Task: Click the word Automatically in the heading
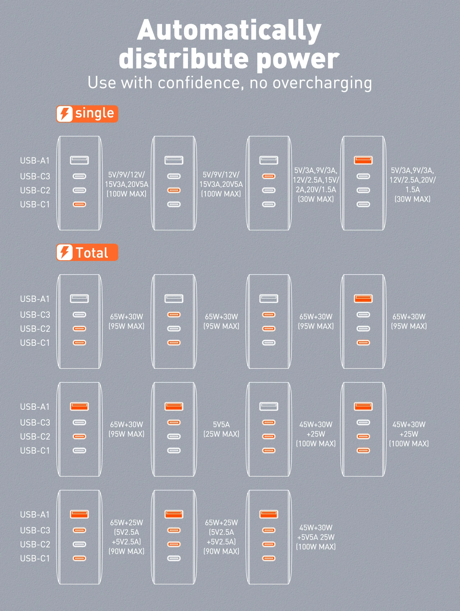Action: point(229,31)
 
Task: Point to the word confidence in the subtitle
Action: point(199,83)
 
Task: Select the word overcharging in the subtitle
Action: point(322,83)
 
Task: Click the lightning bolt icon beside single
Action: point(65,114)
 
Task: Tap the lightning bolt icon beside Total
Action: point(65,252)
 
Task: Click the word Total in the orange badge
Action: point(92,253)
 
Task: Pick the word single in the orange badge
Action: point(95,113)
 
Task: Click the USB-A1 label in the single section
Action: point(35,161)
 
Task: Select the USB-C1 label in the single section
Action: point(35,205)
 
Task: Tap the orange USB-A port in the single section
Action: point(363,160)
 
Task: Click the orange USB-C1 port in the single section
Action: point(79,205)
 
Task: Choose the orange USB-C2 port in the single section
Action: point(174,190)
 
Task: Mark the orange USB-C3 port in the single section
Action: point(268,176)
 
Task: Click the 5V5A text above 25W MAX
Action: point(221,424)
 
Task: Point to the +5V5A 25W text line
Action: point(316,537)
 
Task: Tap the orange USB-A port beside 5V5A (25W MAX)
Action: point(174,406)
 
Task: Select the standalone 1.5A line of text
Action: point(412,189)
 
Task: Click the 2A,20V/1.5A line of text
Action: point(316,189)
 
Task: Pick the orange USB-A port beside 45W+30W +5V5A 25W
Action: point(268,514)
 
